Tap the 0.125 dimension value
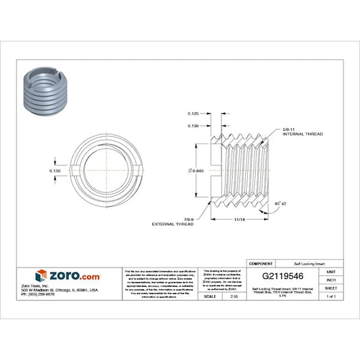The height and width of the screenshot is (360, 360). coord(193,114)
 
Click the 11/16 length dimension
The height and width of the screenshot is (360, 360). coord(240,218)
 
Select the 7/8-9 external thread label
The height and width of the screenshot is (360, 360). coord(173,221)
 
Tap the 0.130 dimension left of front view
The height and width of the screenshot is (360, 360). coord(54,171)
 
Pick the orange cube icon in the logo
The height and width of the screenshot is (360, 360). coord(41,275)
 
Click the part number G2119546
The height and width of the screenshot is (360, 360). coord(283,276)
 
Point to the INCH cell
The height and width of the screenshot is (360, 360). coord(331,279)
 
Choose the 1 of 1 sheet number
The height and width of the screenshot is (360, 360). coord(331,296)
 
